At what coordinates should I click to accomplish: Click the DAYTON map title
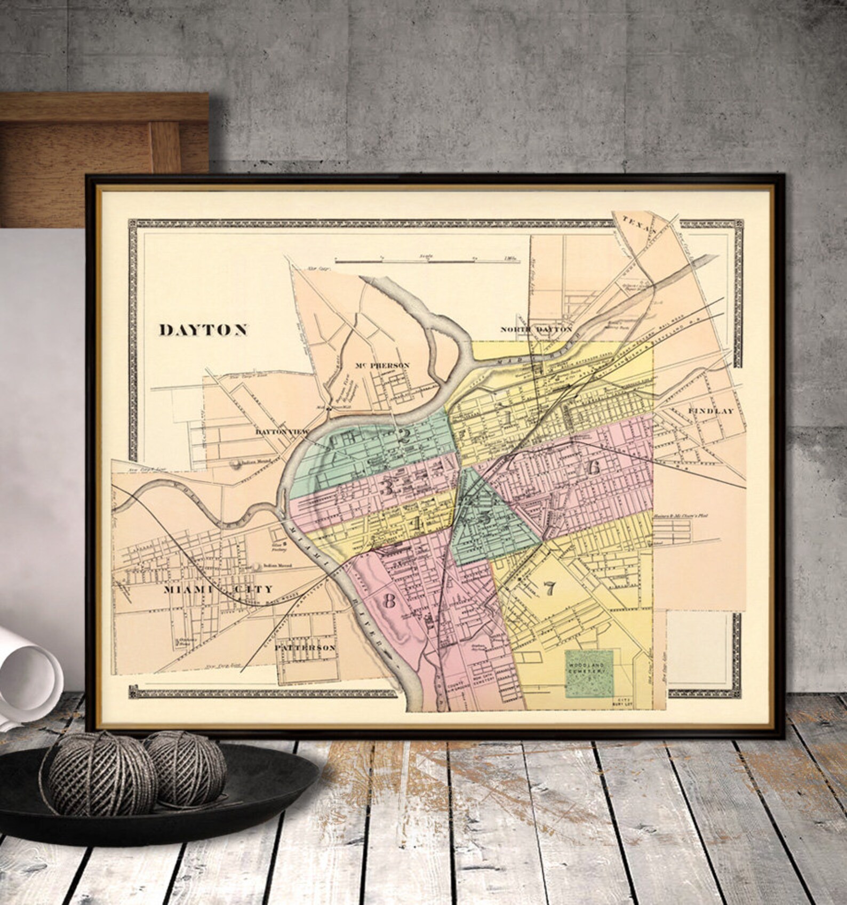click(203, 330)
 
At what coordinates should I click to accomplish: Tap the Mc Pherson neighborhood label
click(382, 365)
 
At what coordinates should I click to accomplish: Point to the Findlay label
click(711, 411)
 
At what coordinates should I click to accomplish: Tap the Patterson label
click(305, 647)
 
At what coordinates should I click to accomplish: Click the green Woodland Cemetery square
click(589, 672)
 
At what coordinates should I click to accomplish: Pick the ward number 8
click(389, 601)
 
